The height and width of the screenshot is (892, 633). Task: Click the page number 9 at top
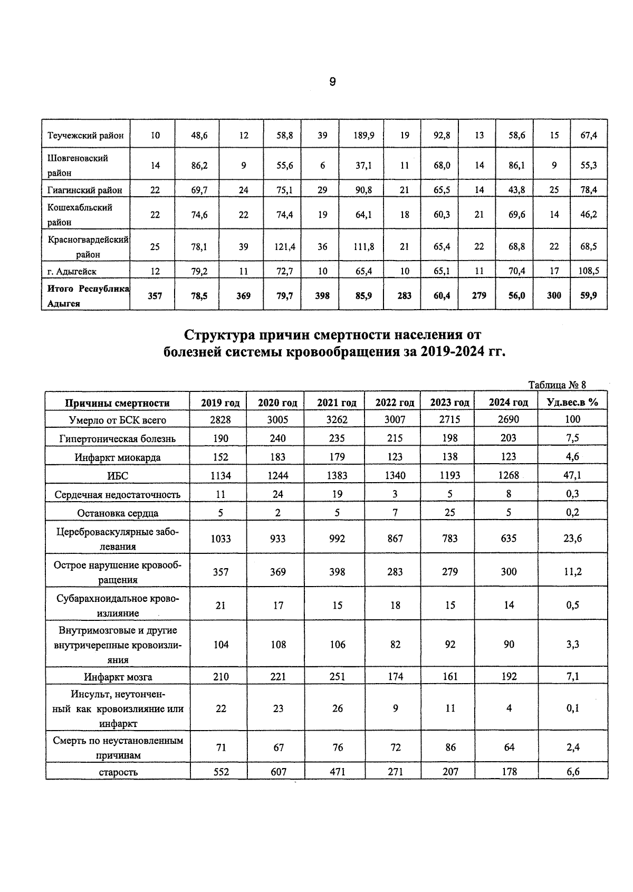tap(332, 82)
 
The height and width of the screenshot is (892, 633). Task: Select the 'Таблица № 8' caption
tap(557, 385)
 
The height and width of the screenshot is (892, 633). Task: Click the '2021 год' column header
tap(337, 402)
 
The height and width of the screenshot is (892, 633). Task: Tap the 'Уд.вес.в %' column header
tap(572, 402)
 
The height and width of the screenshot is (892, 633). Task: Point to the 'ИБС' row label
tap(118, 476)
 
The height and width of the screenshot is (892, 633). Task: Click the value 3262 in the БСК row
tap(337, 419)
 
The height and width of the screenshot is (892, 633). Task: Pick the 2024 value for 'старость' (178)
tap(509, 771)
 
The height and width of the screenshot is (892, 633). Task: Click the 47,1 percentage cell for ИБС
tap(572, 475)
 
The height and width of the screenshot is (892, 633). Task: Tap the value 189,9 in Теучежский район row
tap(364, 135)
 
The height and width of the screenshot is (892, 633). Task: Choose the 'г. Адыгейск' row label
tap(72, 272)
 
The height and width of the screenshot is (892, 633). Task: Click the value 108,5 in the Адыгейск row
tap(589, 271)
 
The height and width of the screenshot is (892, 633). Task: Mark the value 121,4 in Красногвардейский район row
tap(284, 246)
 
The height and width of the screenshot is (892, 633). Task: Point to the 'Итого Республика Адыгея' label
tap(87, 296)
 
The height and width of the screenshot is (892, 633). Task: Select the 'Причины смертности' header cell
tap(117, 403)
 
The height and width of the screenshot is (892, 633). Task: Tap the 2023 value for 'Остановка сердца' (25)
tap(449, 513)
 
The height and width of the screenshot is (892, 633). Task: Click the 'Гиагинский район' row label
tap(85, 190)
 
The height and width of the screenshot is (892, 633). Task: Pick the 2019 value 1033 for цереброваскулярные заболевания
tap(220, 539)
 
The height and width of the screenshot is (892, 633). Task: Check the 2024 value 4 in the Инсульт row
tap(509, 708)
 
